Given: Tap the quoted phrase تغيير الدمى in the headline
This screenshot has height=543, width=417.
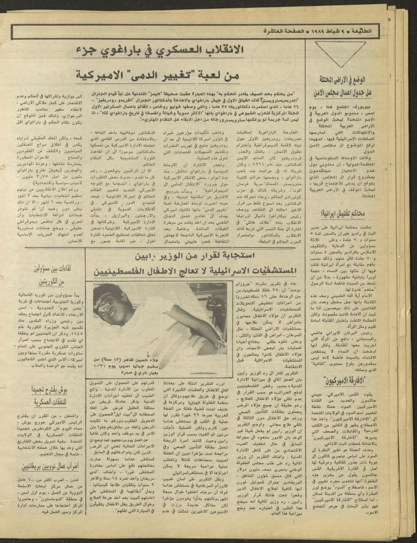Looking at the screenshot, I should point(179,76).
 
